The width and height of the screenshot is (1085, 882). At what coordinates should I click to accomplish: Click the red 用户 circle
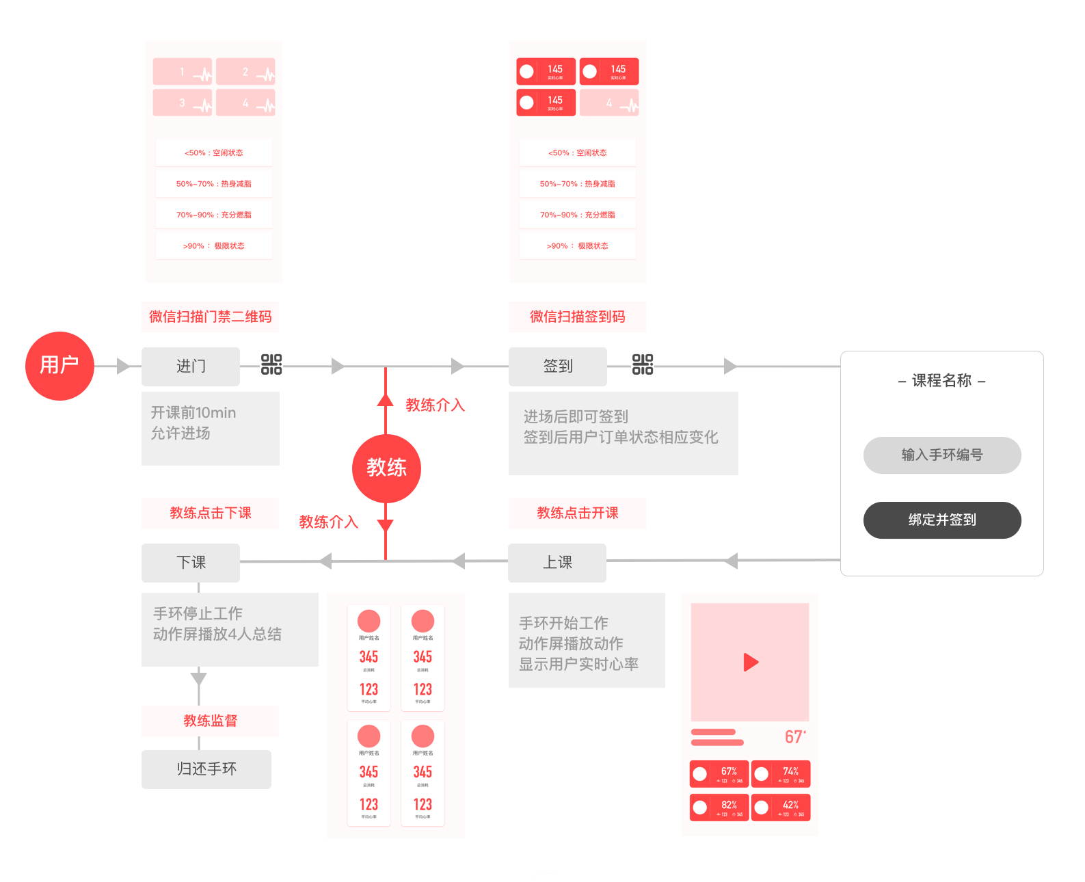coord(59,366)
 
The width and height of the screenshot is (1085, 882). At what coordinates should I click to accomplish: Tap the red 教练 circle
coord(386,468)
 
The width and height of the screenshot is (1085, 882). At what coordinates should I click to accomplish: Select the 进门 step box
coord(191,366)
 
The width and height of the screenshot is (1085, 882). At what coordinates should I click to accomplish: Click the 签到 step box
coord(558,366)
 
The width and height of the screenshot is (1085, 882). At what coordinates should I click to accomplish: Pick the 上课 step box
coord(557,563)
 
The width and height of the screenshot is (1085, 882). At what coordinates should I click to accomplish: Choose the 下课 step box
coord(191,563)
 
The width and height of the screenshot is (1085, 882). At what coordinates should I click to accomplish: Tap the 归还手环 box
coord(206,769)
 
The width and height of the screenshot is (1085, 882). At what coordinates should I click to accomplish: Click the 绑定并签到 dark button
coord(942,520)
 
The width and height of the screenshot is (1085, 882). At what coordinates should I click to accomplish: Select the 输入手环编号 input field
coord(942,455)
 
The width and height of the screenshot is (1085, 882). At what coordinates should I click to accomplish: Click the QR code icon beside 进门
coord(271,364)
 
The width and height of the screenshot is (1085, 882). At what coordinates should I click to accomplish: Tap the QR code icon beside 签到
coord(643,364)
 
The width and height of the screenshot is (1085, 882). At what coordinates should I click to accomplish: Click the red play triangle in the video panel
coord(751,662)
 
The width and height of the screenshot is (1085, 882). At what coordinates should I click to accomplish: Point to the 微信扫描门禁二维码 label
coord(210,317)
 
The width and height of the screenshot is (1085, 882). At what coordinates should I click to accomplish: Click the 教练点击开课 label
coord(577,513)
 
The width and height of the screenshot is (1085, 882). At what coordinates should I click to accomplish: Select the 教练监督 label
coord(210,721)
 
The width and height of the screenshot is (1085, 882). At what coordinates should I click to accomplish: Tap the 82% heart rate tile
coord(719,807)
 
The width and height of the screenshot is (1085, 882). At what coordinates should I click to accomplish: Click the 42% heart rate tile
coord(781,807)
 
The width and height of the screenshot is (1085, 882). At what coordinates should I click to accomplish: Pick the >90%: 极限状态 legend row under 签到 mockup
coord(577,245)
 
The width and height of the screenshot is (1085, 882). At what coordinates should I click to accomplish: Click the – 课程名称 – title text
coord(941,381)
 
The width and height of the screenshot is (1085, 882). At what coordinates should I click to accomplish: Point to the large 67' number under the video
coord(795,737)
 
